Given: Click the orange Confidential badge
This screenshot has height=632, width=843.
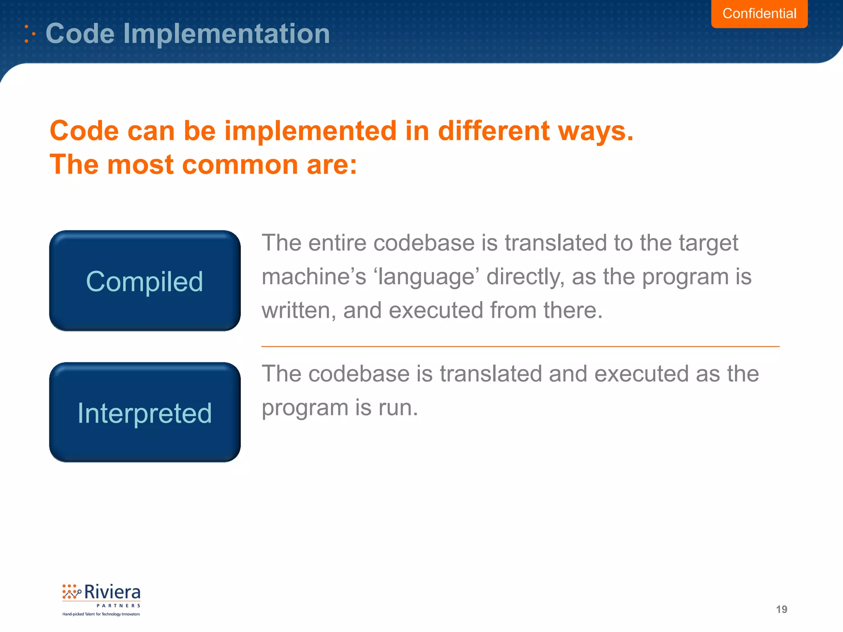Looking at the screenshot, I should click(759, 14).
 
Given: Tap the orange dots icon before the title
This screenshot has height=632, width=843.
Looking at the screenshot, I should click(29, 34).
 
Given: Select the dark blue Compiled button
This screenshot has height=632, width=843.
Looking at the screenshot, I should click(144, 281).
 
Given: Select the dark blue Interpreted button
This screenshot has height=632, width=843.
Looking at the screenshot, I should click(144, 413).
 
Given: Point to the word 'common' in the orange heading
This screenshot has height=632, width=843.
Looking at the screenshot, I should click(240, 165).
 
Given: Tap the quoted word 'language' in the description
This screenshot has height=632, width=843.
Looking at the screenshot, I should click(426, 277).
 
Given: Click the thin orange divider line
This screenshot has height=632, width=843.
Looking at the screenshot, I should click(520, 346).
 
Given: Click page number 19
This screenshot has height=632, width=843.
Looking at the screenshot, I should click(781, 609).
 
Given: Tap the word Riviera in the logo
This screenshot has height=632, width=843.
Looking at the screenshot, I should click(112, 592).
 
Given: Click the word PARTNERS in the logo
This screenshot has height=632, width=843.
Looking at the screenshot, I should click(119, 606).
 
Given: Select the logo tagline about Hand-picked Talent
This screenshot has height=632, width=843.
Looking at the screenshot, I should click(101, 614).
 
